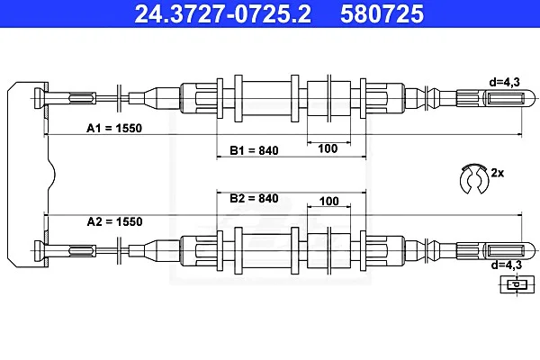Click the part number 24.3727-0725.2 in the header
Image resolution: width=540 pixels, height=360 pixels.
click(x=223, y=13)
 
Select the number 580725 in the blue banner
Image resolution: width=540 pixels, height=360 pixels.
click(x=382, y=13)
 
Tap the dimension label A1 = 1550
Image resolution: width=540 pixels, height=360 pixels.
click(x=114, y=128)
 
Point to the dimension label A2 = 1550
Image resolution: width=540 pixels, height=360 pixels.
click(x=114, y=221)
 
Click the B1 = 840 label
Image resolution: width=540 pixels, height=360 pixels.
click(x=254, y=150)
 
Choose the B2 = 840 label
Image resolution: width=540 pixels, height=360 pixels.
click(x=254, y=198)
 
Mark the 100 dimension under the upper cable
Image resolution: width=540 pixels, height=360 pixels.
click(x=328, y=148)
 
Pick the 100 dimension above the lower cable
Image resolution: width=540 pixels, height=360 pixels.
click(x=328, y=201)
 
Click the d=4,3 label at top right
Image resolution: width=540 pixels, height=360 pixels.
click(x=505, y=82)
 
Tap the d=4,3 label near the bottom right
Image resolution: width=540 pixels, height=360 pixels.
click(x=506, y=265)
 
